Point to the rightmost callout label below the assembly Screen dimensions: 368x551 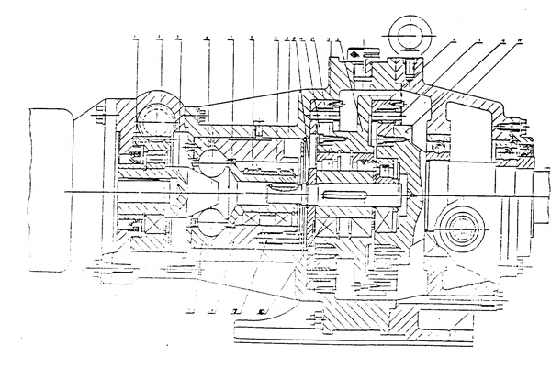(x=263, y=312)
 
